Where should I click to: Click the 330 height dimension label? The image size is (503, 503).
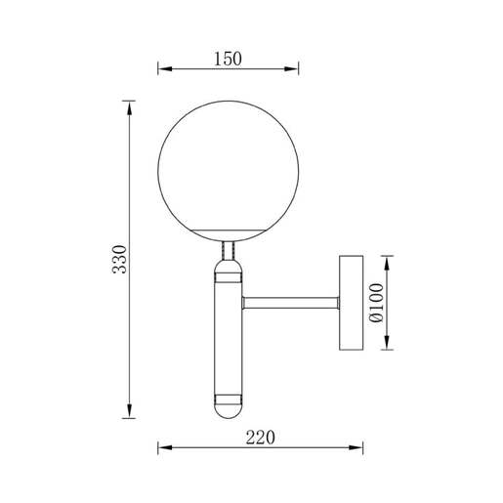[x=119, y=259]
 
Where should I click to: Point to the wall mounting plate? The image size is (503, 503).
[x=352, y=302]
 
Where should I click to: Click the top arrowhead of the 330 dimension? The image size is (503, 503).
[x=130, y=106]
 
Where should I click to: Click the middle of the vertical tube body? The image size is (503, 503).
[x=227, y=337]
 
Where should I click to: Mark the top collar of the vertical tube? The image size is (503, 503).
[x=227, y=272]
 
